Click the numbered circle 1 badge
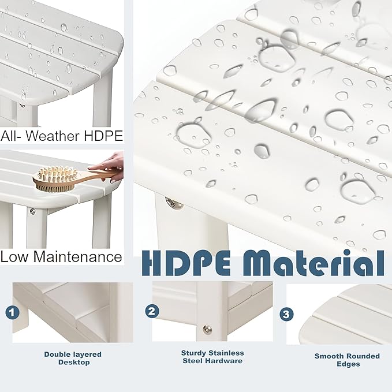click(x=12, y=312)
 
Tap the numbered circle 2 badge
click(x=152, y=312)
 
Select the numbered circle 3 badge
click(x=286, y=314)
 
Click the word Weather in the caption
click(x=54, y=136)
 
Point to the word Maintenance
click(x=77, y=257)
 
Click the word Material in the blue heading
click(x=313, y=263)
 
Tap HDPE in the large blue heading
click(x=186, y=263)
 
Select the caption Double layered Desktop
click(x=73, y=359)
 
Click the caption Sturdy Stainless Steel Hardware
click(x=212, y=357)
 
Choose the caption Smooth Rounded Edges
click(x=347, y=360)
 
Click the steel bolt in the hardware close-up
click(x=207, y=330)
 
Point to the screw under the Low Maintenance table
click(x=32, y=211)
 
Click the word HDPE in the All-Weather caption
click(x=103, y=136)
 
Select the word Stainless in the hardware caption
click(x=227, y=353)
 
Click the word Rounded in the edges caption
click(x=364, y=356)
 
